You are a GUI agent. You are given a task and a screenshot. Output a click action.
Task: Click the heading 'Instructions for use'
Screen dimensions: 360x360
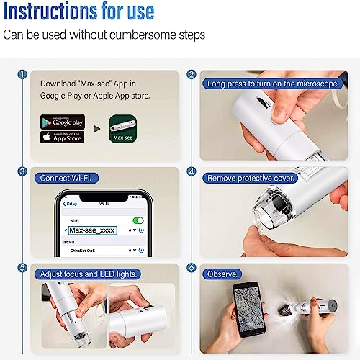[x=79, y=12]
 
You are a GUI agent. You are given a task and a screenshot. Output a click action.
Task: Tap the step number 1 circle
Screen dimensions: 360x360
[x=23, y=75]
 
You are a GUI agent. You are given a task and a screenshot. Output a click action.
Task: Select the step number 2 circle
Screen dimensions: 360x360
[x=192, y=75]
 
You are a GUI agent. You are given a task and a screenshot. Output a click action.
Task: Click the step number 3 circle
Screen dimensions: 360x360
[x=23, y=172]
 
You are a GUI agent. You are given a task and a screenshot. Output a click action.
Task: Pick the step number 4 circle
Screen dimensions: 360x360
[x=192, y=172]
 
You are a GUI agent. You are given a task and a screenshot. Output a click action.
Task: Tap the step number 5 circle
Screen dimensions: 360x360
[x=23, y=269]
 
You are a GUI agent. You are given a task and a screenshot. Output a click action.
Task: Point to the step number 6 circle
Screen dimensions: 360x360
[x=192, y=269]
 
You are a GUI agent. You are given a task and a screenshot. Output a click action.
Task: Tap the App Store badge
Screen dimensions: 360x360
[x=63, y=137]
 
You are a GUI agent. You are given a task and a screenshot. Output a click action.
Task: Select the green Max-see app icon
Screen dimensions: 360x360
[x=122, y=129]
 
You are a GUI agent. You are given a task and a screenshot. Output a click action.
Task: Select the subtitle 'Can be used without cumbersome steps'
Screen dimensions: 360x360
[x=104, y=35]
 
